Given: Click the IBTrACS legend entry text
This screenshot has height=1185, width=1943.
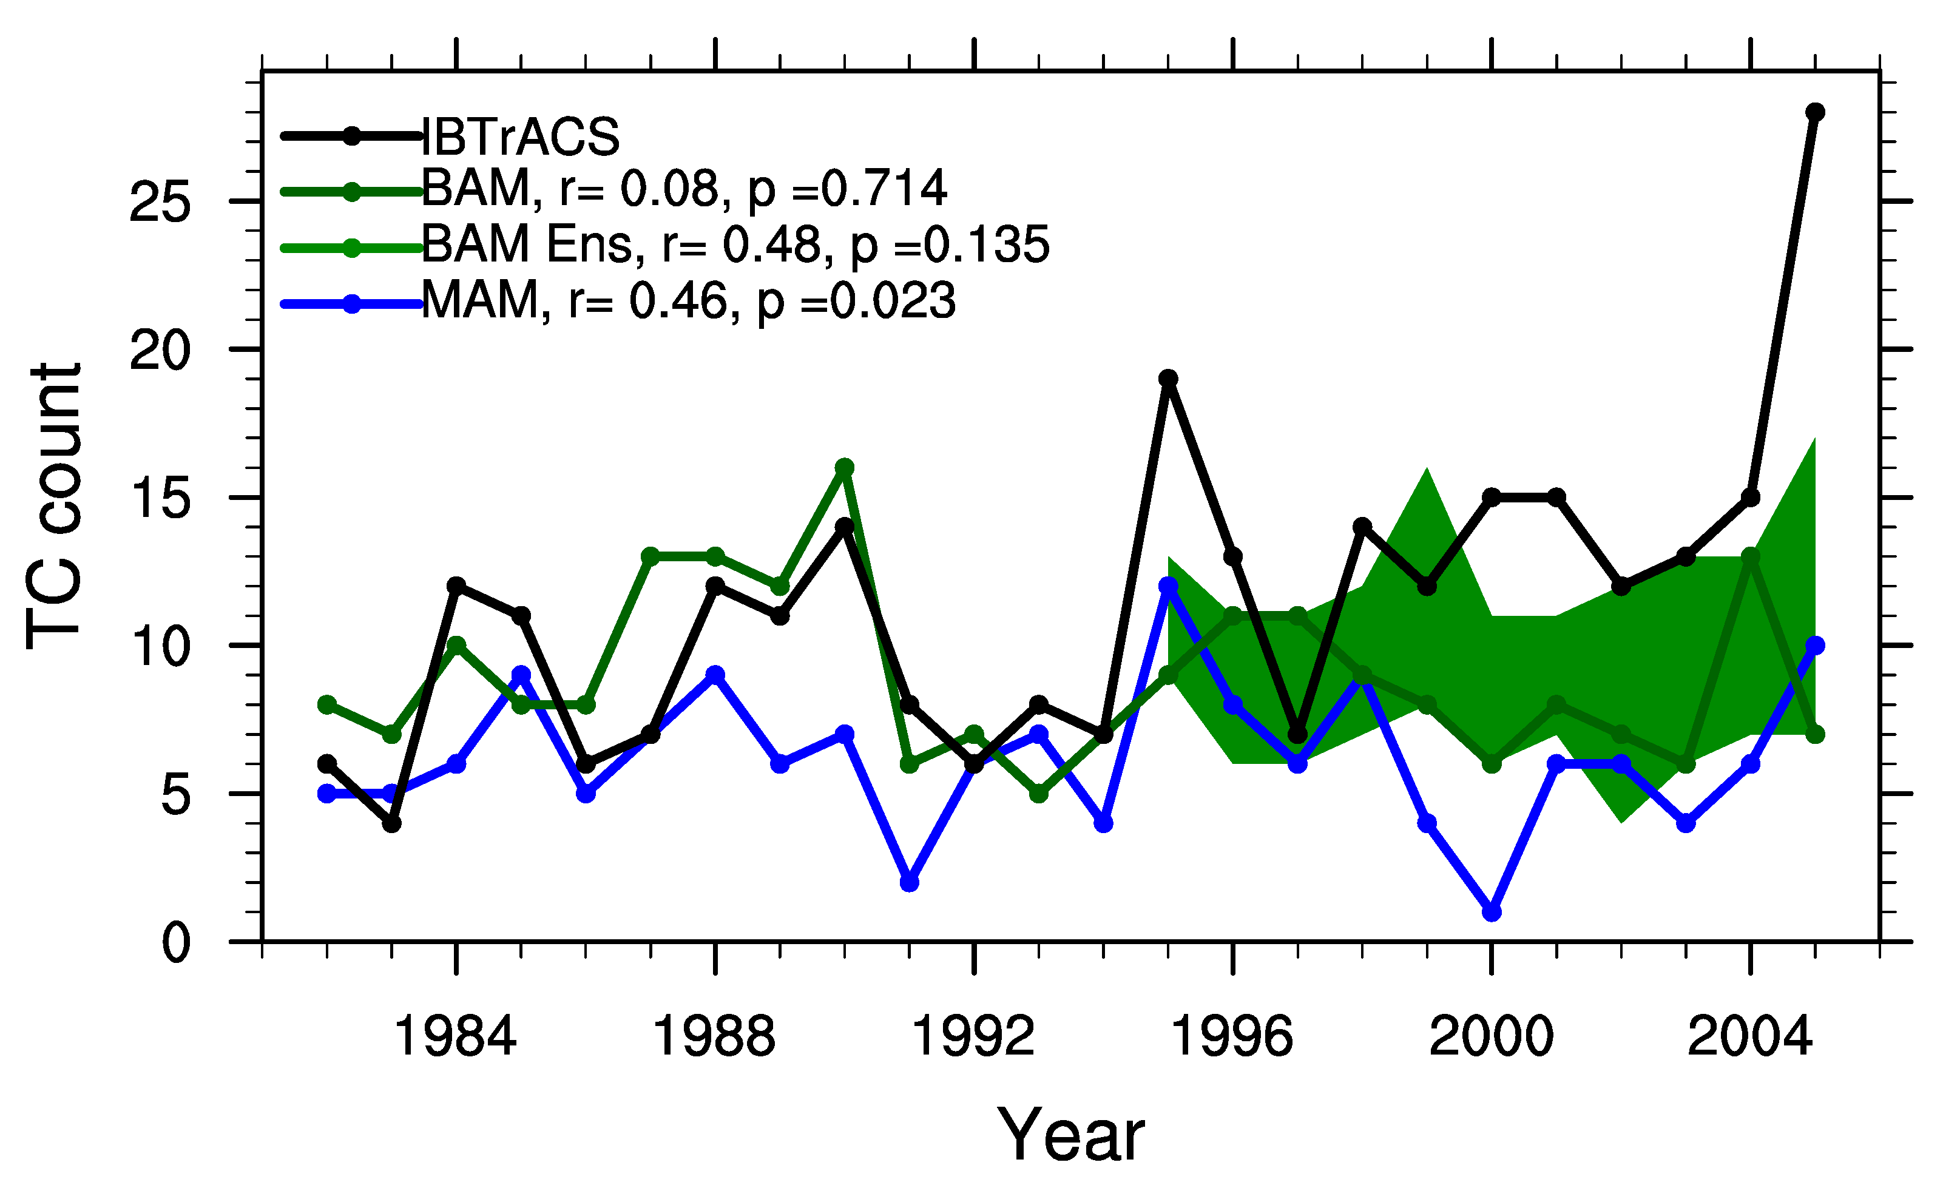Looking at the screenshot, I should [x=521, y=137].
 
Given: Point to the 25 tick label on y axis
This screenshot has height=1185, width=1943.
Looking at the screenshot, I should [x=160, y=203].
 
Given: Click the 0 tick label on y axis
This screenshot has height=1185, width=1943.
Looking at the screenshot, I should [x=175, y=943].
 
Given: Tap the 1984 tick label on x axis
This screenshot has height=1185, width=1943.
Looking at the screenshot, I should [x=455, y=1037].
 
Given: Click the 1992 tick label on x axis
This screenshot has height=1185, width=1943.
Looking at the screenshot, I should [x=973, y=1037].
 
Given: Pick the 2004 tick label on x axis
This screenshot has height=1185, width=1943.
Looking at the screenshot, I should [x=1750, y=1037].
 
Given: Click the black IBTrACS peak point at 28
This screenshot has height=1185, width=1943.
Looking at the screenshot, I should [x=1814, y=112].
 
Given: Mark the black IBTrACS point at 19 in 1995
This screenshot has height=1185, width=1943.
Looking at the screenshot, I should [x=1169, y=379].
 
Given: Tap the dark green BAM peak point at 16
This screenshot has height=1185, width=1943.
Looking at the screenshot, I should [x=845, y=468].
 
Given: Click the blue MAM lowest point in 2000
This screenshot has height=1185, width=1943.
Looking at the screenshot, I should [x=1491, y=912].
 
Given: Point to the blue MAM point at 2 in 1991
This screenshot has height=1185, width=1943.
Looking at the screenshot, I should [x=909, y=882].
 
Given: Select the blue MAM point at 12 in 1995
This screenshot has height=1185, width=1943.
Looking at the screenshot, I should [x=1169, y=586].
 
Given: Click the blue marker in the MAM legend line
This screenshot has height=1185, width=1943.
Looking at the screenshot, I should [x=352, y=303].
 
